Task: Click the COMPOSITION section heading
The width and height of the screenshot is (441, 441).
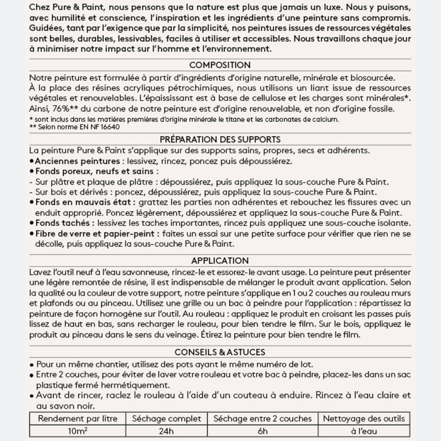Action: (220, 65)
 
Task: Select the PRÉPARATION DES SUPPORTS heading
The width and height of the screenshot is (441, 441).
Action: (220, 140)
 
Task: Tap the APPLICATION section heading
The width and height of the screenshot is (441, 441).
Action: (220, 261)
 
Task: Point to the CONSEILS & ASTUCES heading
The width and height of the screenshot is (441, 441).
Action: (220, 352)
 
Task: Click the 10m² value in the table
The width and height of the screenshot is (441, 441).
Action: (77, 431)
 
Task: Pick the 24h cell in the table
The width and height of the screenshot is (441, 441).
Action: (166, 431)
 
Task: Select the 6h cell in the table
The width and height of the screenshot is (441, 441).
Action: (262, 431)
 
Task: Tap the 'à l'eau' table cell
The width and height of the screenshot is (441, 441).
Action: (364, 431)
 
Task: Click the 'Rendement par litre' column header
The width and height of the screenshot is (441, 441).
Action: (77, 419)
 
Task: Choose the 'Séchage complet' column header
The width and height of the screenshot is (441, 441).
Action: (166, 419)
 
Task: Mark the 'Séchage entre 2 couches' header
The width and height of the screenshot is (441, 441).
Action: (262, 419)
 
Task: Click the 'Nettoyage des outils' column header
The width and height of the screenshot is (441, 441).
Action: (364, 419)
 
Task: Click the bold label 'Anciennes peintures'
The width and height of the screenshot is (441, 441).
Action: (77, 161)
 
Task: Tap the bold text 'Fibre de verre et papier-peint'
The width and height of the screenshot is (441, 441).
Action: (95, 233)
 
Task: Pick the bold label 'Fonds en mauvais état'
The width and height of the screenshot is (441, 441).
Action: (85, 202)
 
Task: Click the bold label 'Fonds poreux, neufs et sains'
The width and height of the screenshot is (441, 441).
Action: (94, 171)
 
